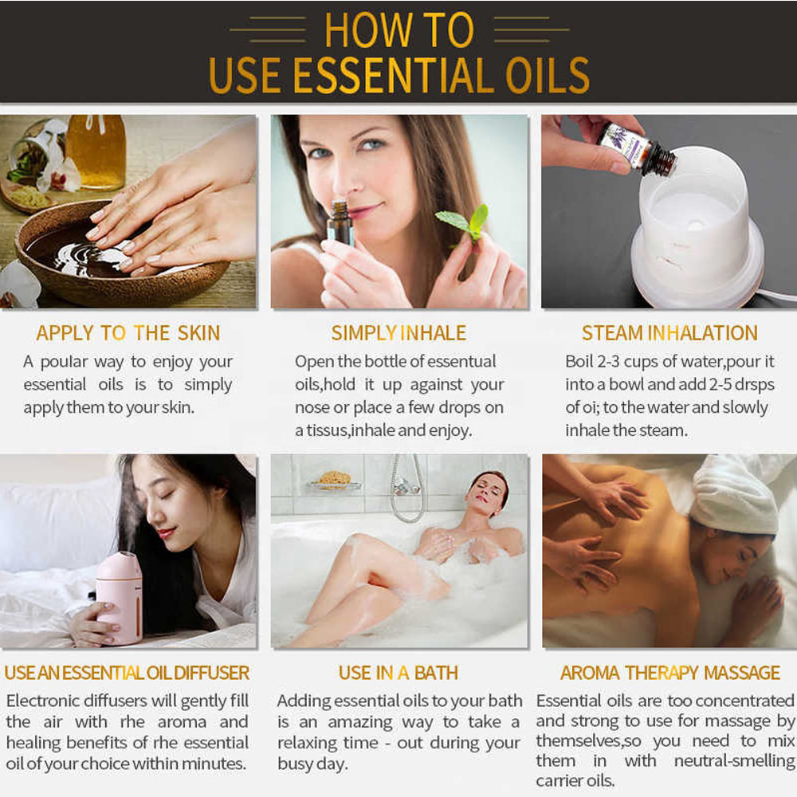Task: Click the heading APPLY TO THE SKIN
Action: [x=128, y=333]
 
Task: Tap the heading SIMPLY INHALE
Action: [x=398, y=333]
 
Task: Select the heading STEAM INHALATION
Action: [x=669, y=333]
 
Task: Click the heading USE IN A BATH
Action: [x=398, y=673]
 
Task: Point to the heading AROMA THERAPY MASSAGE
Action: [x=670, y=673]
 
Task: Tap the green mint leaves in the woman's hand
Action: [x=463, y=221]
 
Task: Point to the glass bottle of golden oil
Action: [x=96, y=151]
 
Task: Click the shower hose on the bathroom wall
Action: [x=409, y=489]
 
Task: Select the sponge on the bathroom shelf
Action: [x=335, y=479]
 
